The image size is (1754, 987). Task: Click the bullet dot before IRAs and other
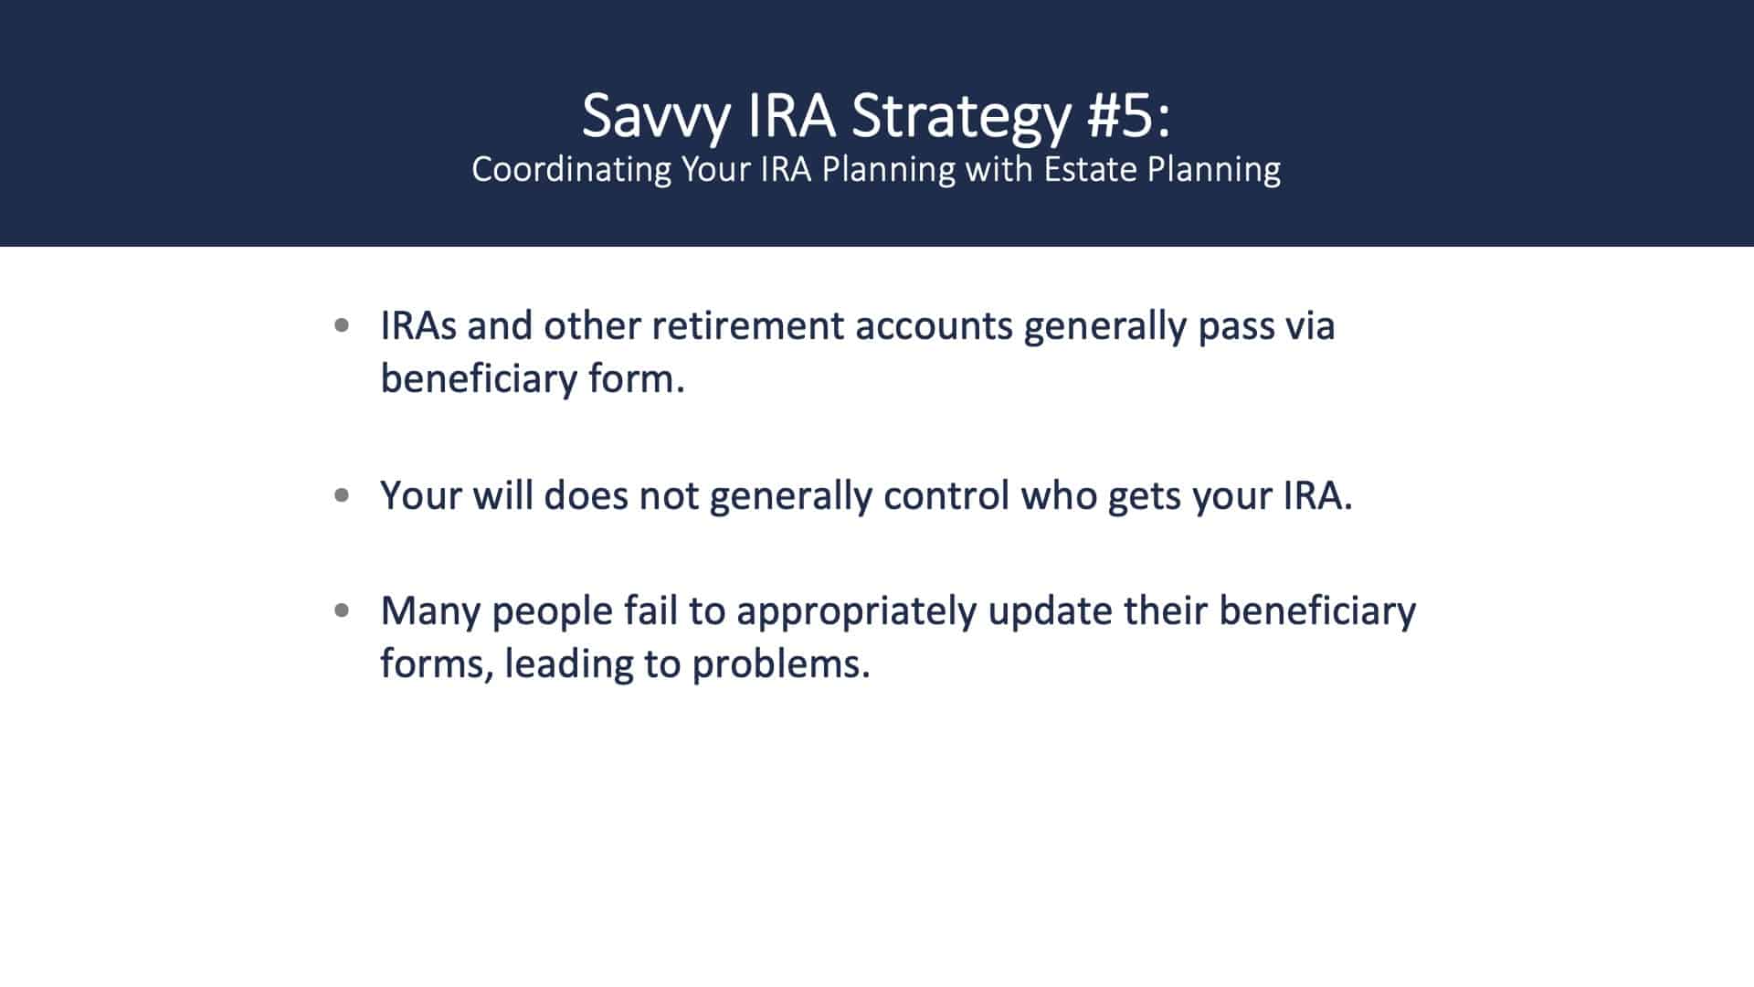pos(343,324)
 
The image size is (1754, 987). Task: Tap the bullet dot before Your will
pos(343,495)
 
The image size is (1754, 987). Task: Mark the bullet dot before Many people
pos(343,610)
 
